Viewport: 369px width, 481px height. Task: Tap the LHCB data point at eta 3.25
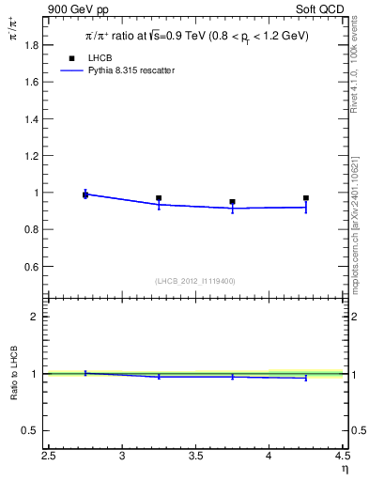(159, 198)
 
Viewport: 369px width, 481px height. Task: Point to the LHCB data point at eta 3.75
(232, 202)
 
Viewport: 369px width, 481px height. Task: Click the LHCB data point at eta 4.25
(306, 198)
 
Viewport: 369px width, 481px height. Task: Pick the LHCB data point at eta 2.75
(85, 194)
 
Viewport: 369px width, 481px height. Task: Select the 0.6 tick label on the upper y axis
(32, 267)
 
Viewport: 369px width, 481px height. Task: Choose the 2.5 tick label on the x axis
(49, 458)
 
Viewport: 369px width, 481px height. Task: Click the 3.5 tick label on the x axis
(195, 458)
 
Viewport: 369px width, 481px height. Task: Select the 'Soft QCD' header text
(321, 8)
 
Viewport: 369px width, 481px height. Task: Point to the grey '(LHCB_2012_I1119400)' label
(195, 281)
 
